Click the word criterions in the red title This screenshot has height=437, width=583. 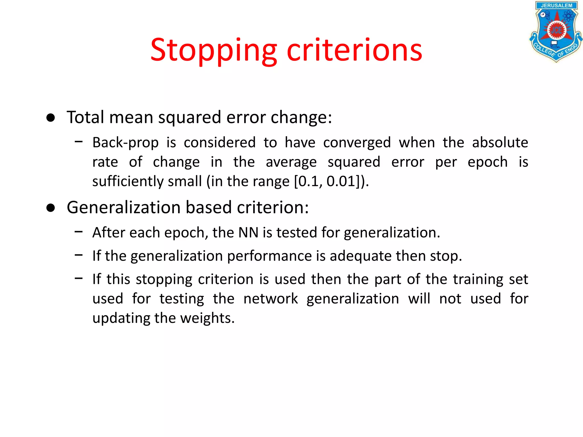(354, 51)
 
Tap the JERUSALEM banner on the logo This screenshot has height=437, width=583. (556, 5)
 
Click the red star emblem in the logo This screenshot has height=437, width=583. (556, 30)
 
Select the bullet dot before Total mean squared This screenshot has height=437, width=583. (51, 118)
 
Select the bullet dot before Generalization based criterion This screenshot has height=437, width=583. (51, 208)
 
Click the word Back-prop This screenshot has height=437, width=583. (126, 143)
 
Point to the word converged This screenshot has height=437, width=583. (357, 143)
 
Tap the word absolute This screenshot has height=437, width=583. (500, 142)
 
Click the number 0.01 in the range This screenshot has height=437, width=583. (341, 182)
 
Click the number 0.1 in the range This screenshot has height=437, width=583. (309, 182)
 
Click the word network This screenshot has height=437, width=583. (271, 299)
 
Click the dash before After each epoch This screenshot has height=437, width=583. (79, 232)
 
